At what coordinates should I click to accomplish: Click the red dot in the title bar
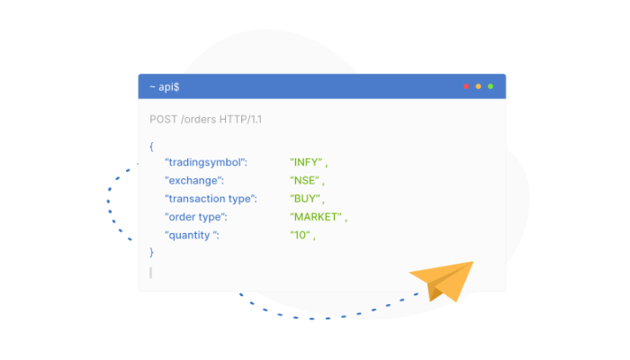coord(466,86)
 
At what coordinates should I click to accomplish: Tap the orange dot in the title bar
coord(478,86)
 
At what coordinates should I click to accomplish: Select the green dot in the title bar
coord(490,86)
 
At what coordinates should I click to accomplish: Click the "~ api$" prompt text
coord(165,86)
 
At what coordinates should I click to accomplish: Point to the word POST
coord(164,120)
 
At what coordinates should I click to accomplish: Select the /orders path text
coord(199,120)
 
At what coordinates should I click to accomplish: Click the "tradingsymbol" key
coord(206,162)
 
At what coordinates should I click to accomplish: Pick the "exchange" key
coord(194,180)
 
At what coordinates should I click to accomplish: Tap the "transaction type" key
coord(211,199)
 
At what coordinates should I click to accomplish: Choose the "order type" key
coord(196,217)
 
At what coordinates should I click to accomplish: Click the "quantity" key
coord(192,235)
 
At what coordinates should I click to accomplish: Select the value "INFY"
coord(306,162)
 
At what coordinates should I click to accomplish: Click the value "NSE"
coord(304,180)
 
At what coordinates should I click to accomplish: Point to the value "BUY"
coord(305,199)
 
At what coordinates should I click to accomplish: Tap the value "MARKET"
coord(316,217)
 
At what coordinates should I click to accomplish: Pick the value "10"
coord(300,235)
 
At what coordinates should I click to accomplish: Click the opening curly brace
coord(151,146)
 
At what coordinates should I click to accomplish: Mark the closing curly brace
coord(151,252)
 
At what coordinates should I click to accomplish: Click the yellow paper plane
coord(446,279)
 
